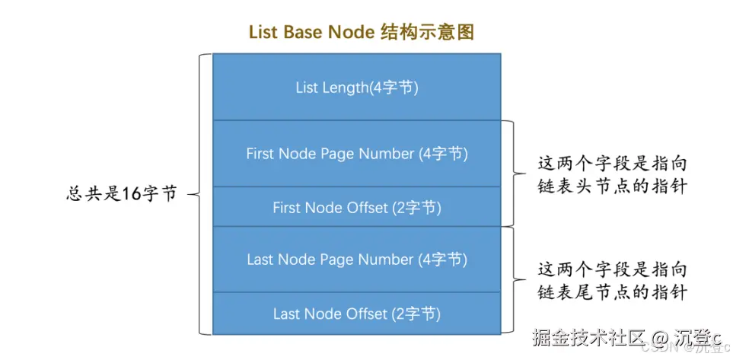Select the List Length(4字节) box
(356, 88)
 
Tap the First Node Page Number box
(356, 154)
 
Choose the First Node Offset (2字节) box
(356, 207)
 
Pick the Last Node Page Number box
(356, 260)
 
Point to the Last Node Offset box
(356, 314)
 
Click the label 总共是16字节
(122, 194)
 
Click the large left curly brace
(199, 194)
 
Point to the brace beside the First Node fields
(515, 174)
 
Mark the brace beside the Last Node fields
(515, 280)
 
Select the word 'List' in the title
(262, 32)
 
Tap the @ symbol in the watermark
(639, 336)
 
